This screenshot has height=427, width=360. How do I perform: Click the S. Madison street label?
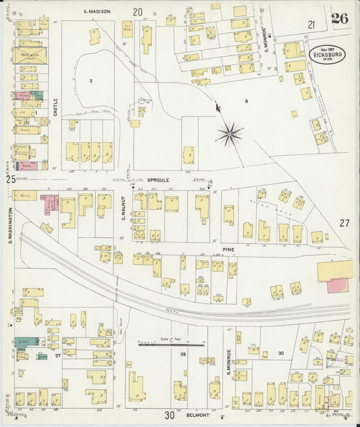click(x=97, y=11)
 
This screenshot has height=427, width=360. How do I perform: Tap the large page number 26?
click(x=340, y=18)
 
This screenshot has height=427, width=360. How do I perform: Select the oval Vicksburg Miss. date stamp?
click(x=327, y=54)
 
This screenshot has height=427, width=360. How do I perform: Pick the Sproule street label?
click(x=157, y=181)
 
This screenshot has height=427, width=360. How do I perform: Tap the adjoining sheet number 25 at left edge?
click(x=10, y=179)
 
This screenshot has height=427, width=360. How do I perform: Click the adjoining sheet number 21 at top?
click(x=311, y=24)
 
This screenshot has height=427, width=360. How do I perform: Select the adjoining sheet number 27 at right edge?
click(x=345, y=223)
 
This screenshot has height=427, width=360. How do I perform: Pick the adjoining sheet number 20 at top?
click(x=138, y=11)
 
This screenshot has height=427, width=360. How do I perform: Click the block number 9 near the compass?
click(x=247, y=101)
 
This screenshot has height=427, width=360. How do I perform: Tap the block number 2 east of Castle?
click(x=90, y=80)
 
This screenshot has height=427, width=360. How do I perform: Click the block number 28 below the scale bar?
click(x=182, y=354)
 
